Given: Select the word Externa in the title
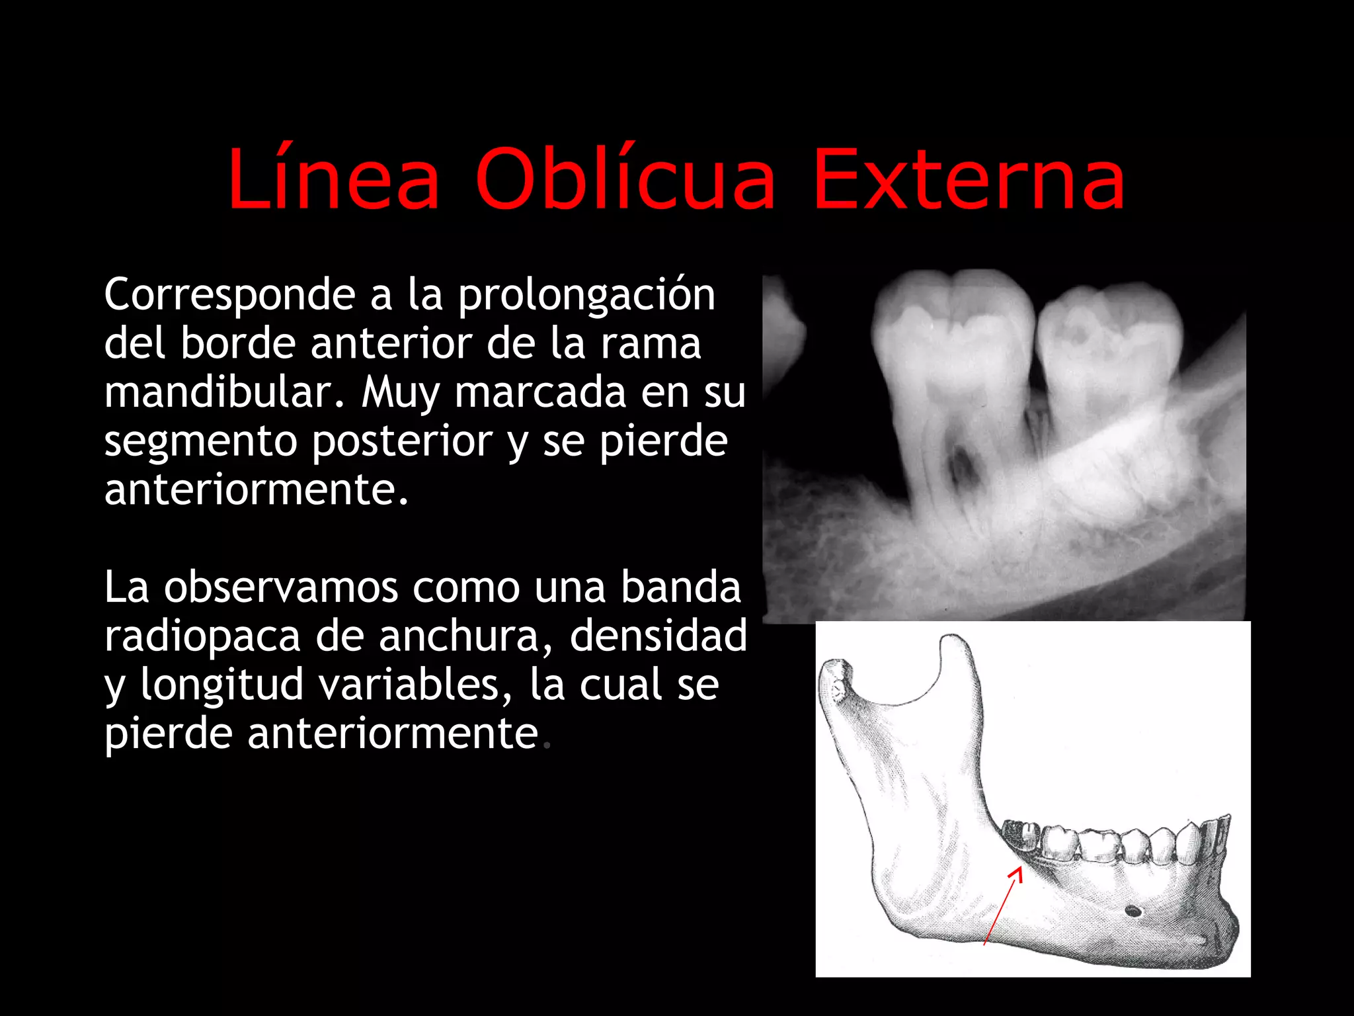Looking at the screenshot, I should pyautogui.click(x=969, y=180).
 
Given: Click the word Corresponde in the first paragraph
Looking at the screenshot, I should pyautogui.click(x=229, y=296).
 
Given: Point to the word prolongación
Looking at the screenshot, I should pyautogui.click(x=586, y=296).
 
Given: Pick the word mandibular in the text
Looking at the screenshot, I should pyautogui.click(x=224, y=392).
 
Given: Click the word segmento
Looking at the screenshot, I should pyautogui.click(x=199, y=442).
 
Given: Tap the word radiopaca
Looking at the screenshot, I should pyautogui.click(x=202, y=636).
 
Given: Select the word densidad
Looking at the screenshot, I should pyautogui.click(x=658, y=636).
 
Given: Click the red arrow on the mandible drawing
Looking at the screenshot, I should pyautogui.click(x=1002, y=906).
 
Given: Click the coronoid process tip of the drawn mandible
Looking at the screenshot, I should pyautogui.click(x=954, y=643).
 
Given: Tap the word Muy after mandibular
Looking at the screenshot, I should pyautogui.click(x=400, y=394).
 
